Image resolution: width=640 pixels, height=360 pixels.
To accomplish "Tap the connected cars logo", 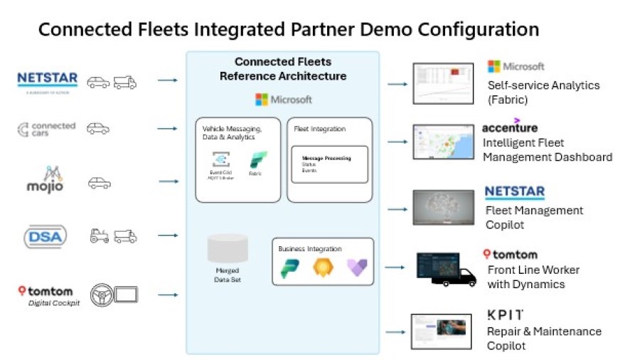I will tap(46, 129).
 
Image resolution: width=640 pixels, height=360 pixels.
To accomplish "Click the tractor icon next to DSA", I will tap(99, 235).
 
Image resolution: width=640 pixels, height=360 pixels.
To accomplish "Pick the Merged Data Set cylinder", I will tap(228, 249).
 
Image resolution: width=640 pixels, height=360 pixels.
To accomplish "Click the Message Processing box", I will tap(329, 164).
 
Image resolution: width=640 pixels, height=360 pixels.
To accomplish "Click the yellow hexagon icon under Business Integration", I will tap(323, 268).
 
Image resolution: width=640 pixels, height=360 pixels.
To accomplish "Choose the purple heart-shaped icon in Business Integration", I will tap(356, 268).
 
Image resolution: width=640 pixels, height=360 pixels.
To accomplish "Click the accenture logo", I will tap(509, 127).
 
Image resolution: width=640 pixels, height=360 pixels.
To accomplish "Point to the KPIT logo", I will tap(505, 314).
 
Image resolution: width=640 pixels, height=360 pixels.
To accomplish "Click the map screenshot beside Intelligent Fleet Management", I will tap(443, 142).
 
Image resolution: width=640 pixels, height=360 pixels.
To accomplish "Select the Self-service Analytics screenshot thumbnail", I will tap(443, 83).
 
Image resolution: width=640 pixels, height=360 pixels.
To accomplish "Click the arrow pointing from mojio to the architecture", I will tap(169, 181).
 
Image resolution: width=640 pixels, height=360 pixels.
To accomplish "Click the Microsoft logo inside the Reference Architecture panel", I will tap(283, 100).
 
